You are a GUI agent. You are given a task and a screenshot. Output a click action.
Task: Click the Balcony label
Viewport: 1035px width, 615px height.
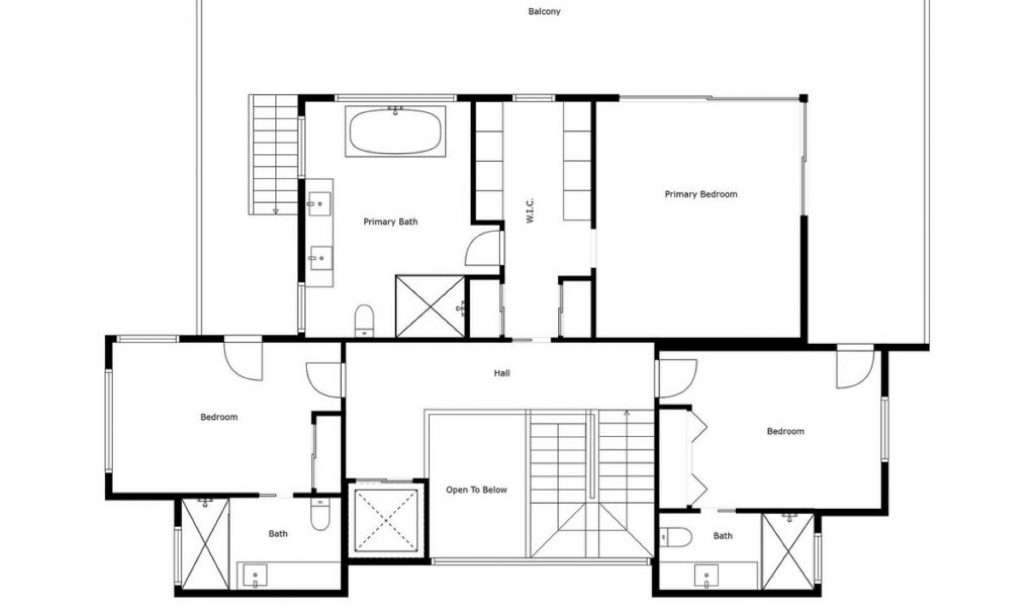click(544, 11)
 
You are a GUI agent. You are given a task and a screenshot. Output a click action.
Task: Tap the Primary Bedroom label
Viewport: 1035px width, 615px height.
click(701, 194)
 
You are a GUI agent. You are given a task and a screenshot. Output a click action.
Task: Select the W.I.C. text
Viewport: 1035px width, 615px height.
click(529, 211)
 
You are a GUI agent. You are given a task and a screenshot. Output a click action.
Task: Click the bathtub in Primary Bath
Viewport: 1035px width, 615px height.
click(395, 131)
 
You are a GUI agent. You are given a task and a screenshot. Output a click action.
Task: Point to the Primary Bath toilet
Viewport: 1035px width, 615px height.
click(364, 321)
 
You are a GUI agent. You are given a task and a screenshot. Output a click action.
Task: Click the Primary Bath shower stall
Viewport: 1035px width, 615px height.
click(430, 306)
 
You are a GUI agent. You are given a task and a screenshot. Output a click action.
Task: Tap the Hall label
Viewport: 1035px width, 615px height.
click(502, 373)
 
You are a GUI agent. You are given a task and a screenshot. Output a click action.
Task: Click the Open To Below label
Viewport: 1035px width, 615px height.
click(477, 490)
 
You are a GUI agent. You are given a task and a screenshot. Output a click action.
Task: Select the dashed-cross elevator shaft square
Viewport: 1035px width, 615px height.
click(386, 521)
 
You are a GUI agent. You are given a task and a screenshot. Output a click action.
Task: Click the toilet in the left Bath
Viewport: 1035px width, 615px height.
click(320, 514)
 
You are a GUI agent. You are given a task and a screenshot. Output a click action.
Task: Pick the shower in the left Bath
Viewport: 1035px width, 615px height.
click(205, 544)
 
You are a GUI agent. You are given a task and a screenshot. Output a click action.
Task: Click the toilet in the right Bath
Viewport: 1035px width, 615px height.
click(676, 537)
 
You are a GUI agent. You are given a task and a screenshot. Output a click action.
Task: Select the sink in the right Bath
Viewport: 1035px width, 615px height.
click(706, 577)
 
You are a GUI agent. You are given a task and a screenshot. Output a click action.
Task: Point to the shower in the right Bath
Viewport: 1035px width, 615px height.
click(788, 551)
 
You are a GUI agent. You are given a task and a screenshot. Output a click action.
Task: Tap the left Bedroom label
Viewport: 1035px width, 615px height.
click(219, 417)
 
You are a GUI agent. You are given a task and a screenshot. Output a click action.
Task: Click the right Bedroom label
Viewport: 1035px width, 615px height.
click(785, 431)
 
